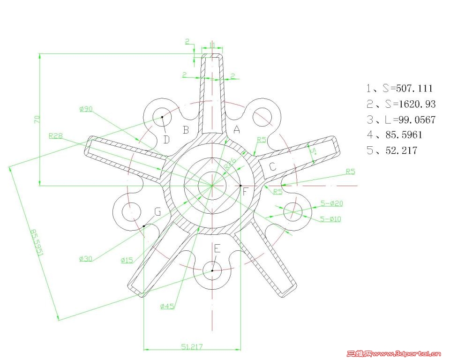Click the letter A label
click(x=237, y=130)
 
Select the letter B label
click(x=186, y=130)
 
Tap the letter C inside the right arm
click(x=273, y=166)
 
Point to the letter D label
click(x=166, y=139)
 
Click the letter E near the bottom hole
click(x=217, y=248)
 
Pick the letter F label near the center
click(x=245, y=191)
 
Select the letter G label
click(x=158, y=212)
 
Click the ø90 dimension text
click(x=86, y=109)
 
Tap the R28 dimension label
click(x=55, y=136)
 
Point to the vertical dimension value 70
click(x=37, y=119)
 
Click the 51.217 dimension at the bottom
click(x=192, y=346)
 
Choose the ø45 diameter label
click(x=167, y=307)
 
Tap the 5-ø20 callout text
click(x=331, y=203)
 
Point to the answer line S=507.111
click(x=399, y=88)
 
